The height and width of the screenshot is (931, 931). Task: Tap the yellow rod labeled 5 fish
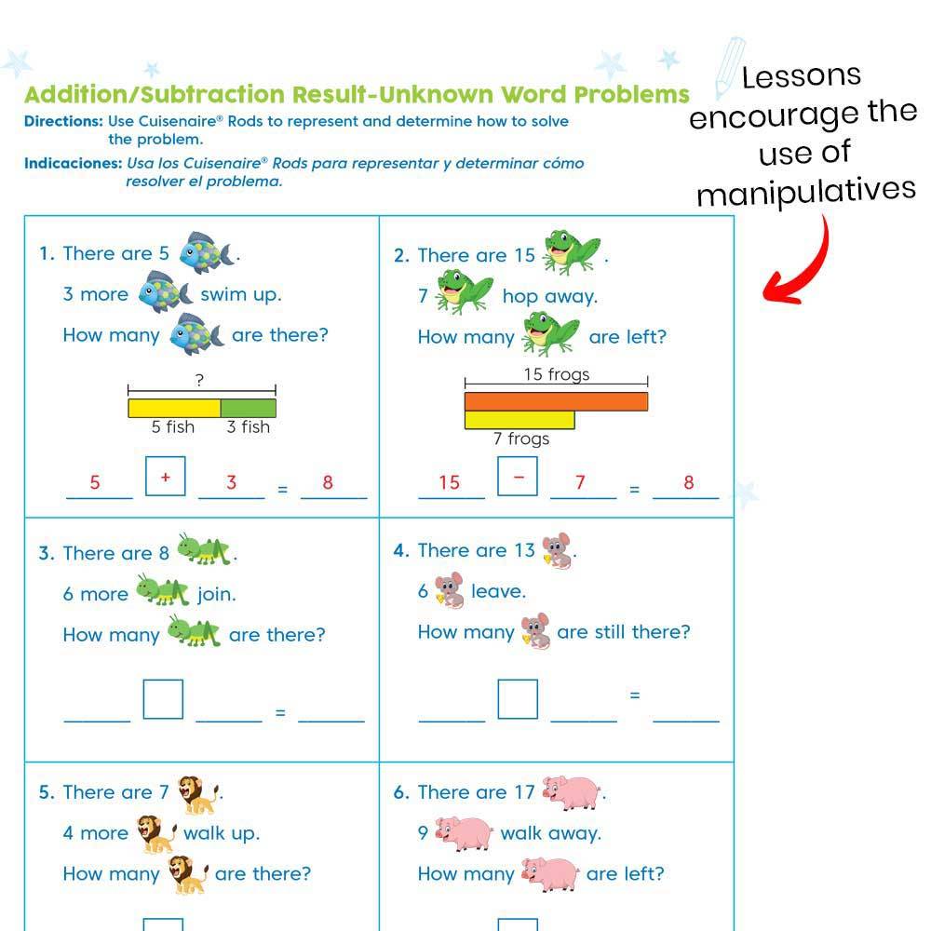coord(174,408)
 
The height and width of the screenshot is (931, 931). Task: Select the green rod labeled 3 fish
coord(249,408)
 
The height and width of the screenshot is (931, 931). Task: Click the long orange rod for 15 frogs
coord(556,401)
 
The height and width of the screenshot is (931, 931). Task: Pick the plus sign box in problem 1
coord(166,477)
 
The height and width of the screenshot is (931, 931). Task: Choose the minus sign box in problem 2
coord(518,477)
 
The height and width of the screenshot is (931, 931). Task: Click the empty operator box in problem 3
coord(163,699)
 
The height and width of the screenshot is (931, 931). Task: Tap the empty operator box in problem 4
coord(518,699)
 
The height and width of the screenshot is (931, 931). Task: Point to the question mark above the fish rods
coord(199,379)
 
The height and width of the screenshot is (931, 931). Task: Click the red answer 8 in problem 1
coord(328,482)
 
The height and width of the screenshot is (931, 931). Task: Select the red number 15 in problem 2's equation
coord(450,482)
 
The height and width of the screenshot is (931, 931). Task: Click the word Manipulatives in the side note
coord(806,192)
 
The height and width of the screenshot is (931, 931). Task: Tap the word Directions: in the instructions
coord(63,121)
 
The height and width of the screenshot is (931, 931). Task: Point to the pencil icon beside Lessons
coord(728,67)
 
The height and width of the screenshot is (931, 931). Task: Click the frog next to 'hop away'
coord(465,292)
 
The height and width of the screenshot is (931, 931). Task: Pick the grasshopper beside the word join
coord(163,590)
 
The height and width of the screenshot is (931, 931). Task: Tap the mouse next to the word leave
coord(450,591)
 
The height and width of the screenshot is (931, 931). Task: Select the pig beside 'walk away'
coord(464,833)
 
